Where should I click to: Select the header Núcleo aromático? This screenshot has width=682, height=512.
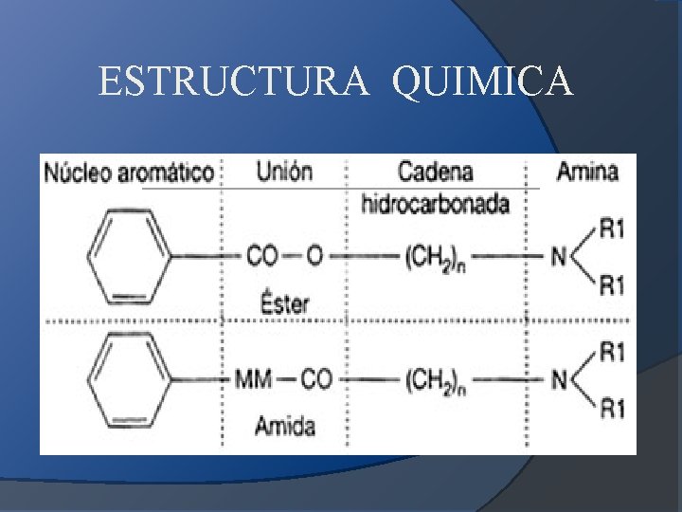(x=130, y=173)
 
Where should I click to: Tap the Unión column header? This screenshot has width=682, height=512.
(x=284, y=172)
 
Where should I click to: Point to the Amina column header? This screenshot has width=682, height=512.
(x=587, y=172)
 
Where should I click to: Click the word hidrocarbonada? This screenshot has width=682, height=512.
(x=436, y=203)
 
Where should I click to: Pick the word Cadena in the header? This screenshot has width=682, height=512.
(x=435, y=173)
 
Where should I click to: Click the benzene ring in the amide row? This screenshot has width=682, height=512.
(x=128, y=381)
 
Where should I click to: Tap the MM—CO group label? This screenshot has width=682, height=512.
(x=283, y=380)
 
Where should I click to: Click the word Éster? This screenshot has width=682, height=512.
(x=282, y=303)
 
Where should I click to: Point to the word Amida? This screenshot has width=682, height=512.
(x=284, y=426)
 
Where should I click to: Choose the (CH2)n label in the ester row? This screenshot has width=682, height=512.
(x=436, y=257)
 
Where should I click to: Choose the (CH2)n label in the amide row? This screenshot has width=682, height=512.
(x=436, y=381)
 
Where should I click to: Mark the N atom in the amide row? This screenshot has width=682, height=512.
(x=559, y=381)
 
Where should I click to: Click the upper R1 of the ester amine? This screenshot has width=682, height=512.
(x=612, y=228)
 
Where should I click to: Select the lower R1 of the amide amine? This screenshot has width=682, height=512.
(x=612, y=410)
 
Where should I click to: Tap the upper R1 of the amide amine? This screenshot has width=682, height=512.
(x=612, y=352)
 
